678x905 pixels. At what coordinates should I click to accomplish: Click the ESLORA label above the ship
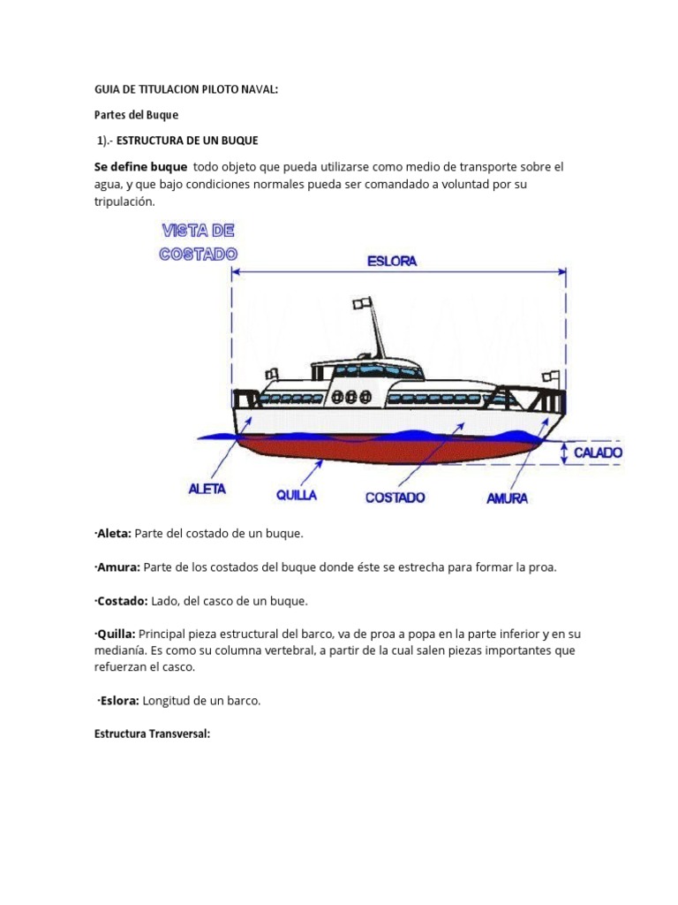tap(392, 261)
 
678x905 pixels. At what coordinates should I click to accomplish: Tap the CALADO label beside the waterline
tap(598, 452)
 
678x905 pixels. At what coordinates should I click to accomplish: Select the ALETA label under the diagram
tap(207, 489)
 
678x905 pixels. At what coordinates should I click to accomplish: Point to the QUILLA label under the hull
tap(297, 496)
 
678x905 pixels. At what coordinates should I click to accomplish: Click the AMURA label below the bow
tap(507, 498)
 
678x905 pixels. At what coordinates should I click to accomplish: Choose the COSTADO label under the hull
tap(395, 498)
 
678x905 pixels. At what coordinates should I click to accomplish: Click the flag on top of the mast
tap(360, 303)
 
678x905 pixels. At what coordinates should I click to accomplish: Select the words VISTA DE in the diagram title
tap(197, 232)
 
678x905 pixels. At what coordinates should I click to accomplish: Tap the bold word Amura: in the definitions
tap(115, 567)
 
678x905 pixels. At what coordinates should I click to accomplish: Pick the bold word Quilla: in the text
tap(113, 634)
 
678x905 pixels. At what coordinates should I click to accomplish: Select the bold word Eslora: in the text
tap(117, 701)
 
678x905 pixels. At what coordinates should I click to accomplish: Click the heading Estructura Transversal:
tap(152, 734)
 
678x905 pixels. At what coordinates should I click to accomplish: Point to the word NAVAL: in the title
tap(259, 90)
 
